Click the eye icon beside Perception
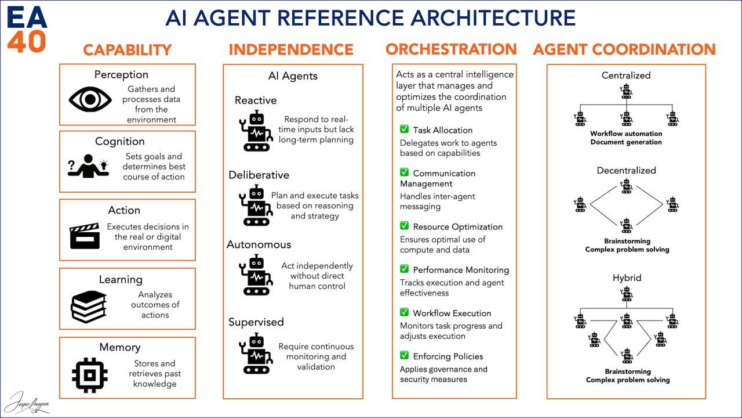90,99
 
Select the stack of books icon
89,306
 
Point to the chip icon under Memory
89,373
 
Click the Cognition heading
120,142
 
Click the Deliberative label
259,175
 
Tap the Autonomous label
259,244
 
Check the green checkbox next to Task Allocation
404,129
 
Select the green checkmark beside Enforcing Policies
404,355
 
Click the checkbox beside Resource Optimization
404,226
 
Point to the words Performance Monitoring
461,270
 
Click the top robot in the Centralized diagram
626,91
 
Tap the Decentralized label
626,171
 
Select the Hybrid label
627,278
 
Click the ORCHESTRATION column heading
451,49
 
